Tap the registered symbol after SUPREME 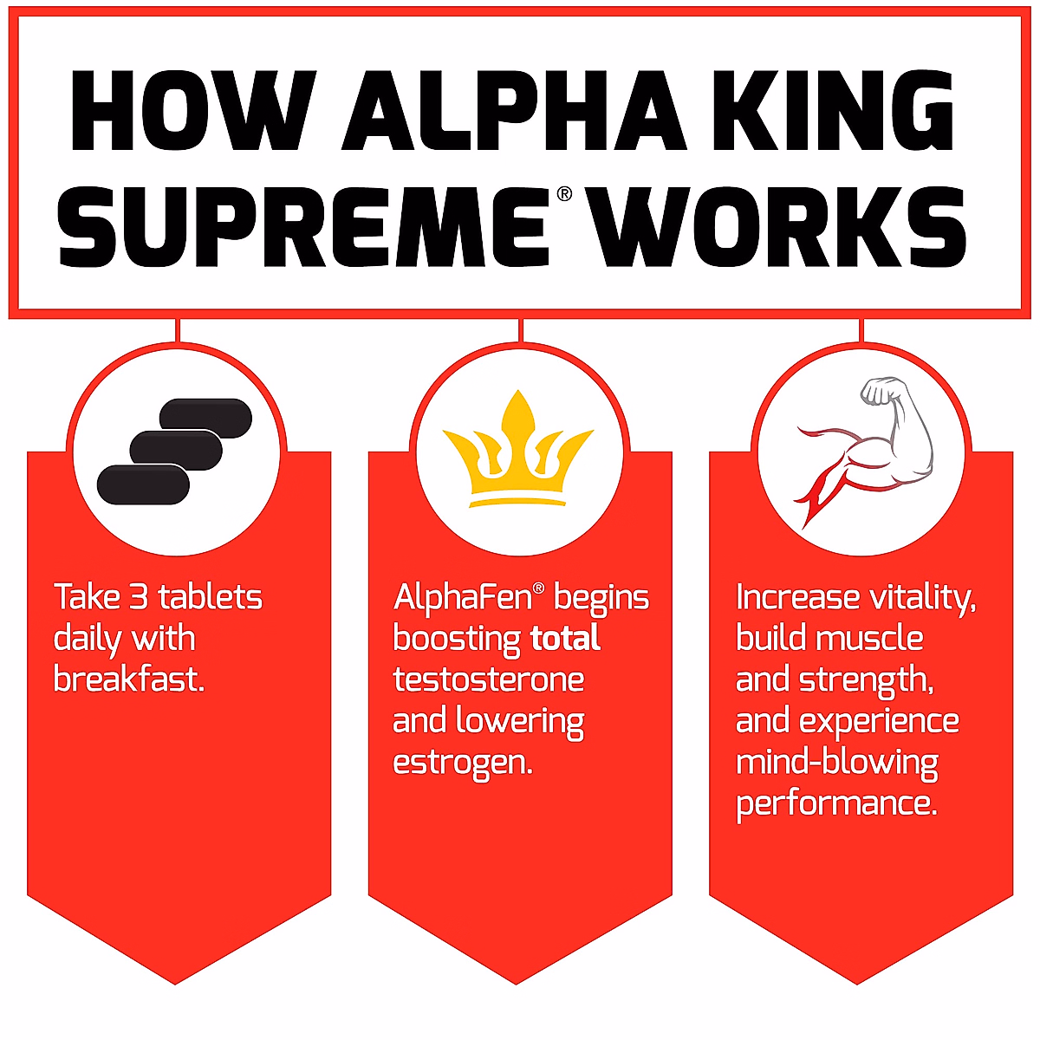tap(564, 194)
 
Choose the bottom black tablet tap(143, 484)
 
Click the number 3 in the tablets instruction tap(139, 598)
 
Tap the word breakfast tap(128, 679)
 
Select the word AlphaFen tap(464, 598)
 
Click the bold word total tap(565, 639)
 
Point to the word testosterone tap(488, 679)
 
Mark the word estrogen tap(461, 763)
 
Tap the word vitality tap(922, 598)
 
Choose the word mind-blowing tap(836, 763)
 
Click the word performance tap(836, 804)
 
